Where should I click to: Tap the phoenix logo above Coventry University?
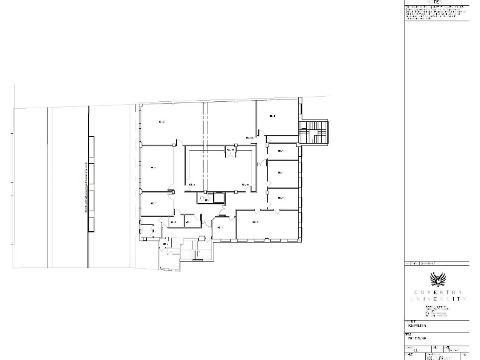[436, 279]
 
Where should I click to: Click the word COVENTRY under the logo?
[436, 292]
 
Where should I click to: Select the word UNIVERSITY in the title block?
[436, 300]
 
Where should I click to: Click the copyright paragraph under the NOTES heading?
[436, 12]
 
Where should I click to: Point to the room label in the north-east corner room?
[273, 116]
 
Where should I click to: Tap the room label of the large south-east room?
[255, 222]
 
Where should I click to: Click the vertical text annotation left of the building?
[84, 187]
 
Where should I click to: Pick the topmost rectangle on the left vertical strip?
[91, 149]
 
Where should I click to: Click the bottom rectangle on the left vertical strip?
[91, 221]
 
